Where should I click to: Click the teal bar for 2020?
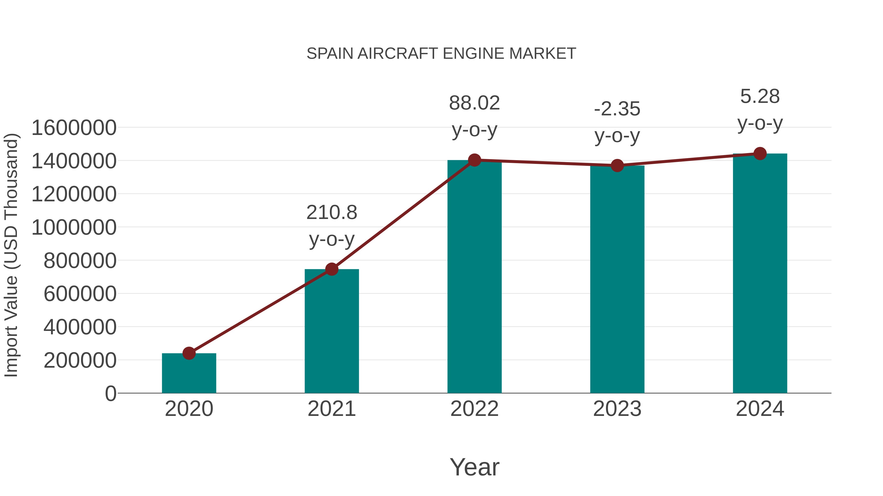click(x=189, y=374)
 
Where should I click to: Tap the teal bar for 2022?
click(x=474, y=277)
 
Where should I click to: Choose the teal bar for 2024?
click(x=760, y=274)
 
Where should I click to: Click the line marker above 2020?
click(x=189, y=353)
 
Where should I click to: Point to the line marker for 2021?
click(x=331, y=269)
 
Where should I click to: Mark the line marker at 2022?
click(x=474, y=160)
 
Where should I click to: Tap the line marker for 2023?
click(x=617, y=165)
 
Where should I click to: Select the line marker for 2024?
click(x=760, y=153)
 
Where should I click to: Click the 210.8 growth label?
click(x=331, y=213)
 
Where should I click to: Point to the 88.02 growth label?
click(x=474, y=103)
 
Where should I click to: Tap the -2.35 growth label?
click(x=617, y=109)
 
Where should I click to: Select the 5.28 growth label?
click(x=760, y=97)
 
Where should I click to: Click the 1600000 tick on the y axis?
click(x=74, y=128)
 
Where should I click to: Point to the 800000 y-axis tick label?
click(x=80, y=261)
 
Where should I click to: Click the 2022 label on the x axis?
click(x=474, y=409)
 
